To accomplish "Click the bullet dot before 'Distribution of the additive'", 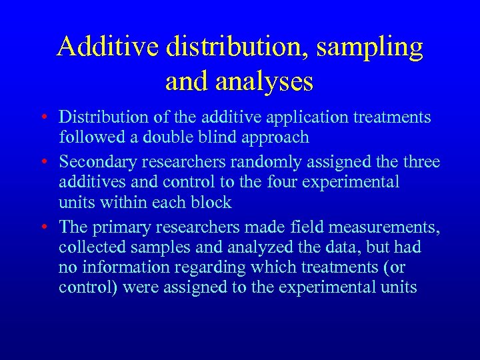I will click(43, 118).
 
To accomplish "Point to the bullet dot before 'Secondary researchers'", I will click(43, 161).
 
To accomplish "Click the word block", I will click(211, 203).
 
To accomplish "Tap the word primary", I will click(125, 227).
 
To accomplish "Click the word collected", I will click(90, 247).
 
